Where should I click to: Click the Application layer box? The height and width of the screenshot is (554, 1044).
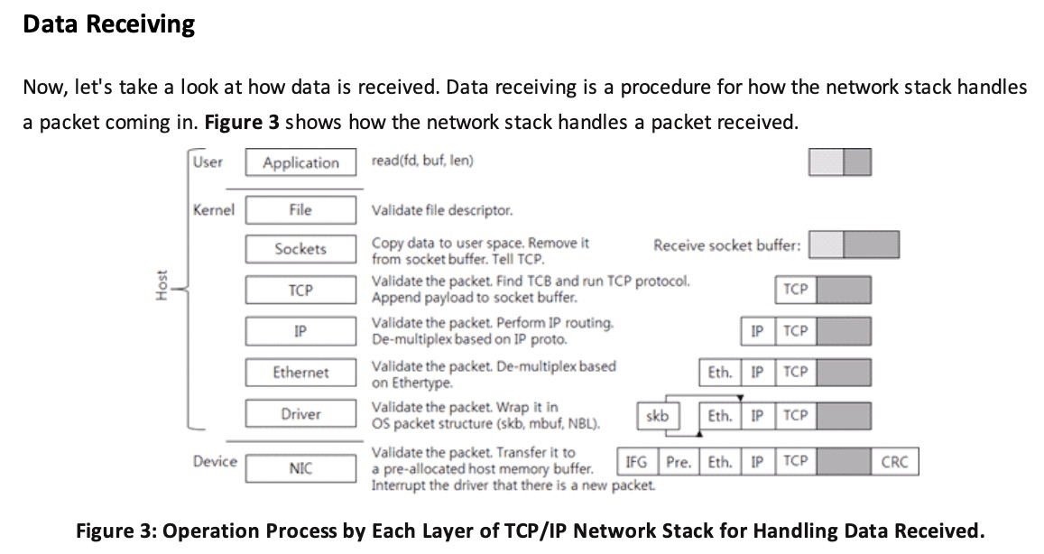pos(300,163)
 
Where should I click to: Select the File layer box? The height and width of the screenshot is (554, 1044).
pos(300,209)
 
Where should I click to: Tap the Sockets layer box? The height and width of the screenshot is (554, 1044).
pos(300,248)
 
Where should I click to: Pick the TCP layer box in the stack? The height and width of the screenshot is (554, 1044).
pos(300,291)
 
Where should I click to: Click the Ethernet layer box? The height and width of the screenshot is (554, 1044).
pos(300,372)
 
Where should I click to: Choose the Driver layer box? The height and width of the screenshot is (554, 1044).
pos(300,414)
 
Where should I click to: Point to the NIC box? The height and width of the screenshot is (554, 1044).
pos(300,469)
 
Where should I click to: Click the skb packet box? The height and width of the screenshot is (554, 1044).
pos(659,416)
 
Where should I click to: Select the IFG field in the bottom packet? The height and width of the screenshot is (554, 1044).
pos(636,462)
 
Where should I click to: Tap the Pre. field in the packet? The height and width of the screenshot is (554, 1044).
pos(679,462)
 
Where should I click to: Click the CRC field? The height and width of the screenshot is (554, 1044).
pos(894,462)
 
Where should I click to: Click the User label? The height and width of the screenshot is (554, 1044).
pos(208,162)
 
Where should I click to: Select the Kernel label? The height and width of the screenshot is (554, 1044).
pos(214,209)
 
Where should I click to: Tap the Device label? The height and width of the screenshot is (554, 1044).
pos(215,461)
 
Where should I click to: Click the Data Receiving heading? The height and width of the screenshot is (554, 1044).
pos(108,24)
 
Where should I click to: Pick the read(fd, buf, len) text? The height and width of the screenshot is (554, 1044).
pos(422,161)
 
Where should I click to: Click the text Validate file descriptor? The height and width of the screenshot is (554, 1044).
pos(442,211)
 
